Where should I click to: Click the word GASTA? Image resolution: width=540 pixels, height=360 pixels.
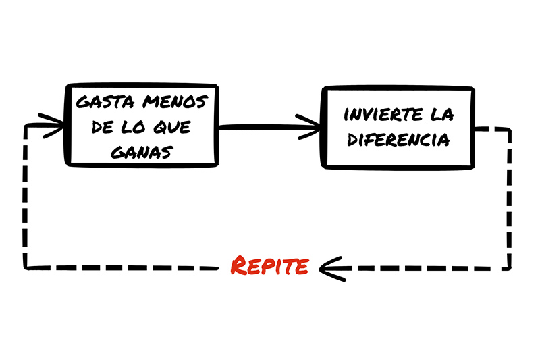point(105,102)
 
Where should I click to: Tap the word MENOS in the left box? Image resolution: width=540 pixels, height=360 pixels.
point(175,102)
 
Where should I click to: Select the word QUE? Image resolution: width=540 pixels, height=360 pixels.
point(172,127)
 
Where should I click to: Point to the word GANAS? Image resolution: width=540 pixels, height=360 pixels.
point(142,152)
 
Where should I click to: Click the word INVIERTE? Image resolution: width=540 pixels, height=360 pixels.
point(383,115)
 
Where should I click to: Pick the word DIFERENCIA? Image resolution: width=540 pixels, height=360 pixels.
point(398,140)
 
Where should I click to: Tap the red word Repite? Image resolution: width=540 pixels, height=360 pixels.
point(269,265)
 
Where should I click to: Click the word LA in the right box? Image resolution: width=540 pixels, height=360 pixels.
point(442,115)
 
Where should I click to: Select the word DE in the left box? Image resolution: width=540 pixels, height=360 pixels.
point(103,127)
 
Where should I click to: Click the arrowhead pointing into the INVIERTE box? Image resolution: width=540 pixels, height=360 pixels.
point(308,127)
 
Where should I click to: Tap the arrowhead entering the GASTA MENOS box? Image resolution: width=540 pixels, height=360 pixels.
point(52,126)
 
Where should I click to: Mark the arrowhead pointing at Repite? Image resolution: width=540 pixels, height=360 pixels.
point(331,269)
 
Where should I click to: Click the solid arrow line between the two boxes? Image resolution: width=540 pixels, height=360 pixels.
point(269,128)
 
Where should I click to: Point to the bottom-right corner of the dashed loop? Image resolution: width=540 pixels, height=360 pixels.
point(510,268)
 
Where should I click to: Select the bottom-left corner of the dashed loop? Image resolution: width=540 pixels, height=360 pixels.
point(25,267)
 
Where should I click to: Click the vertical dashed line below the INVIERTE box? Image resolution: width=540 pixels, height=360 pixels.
point(510,198)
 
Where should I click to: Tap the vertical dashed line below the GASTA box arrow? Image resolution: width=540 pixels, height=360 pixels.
point(25,196)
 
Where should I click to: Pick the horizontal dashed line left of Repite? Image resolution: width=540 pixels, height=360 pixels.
point(122,267)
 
